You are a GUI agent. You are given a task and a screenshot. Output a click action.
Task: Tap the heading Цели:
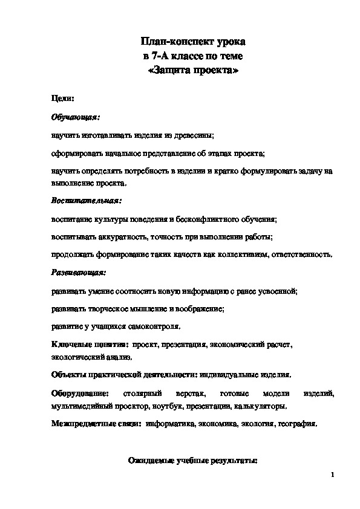(x=62, y=98)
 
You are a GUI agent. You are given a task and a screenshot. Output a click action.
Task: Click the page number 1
(x=333, y=476)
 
